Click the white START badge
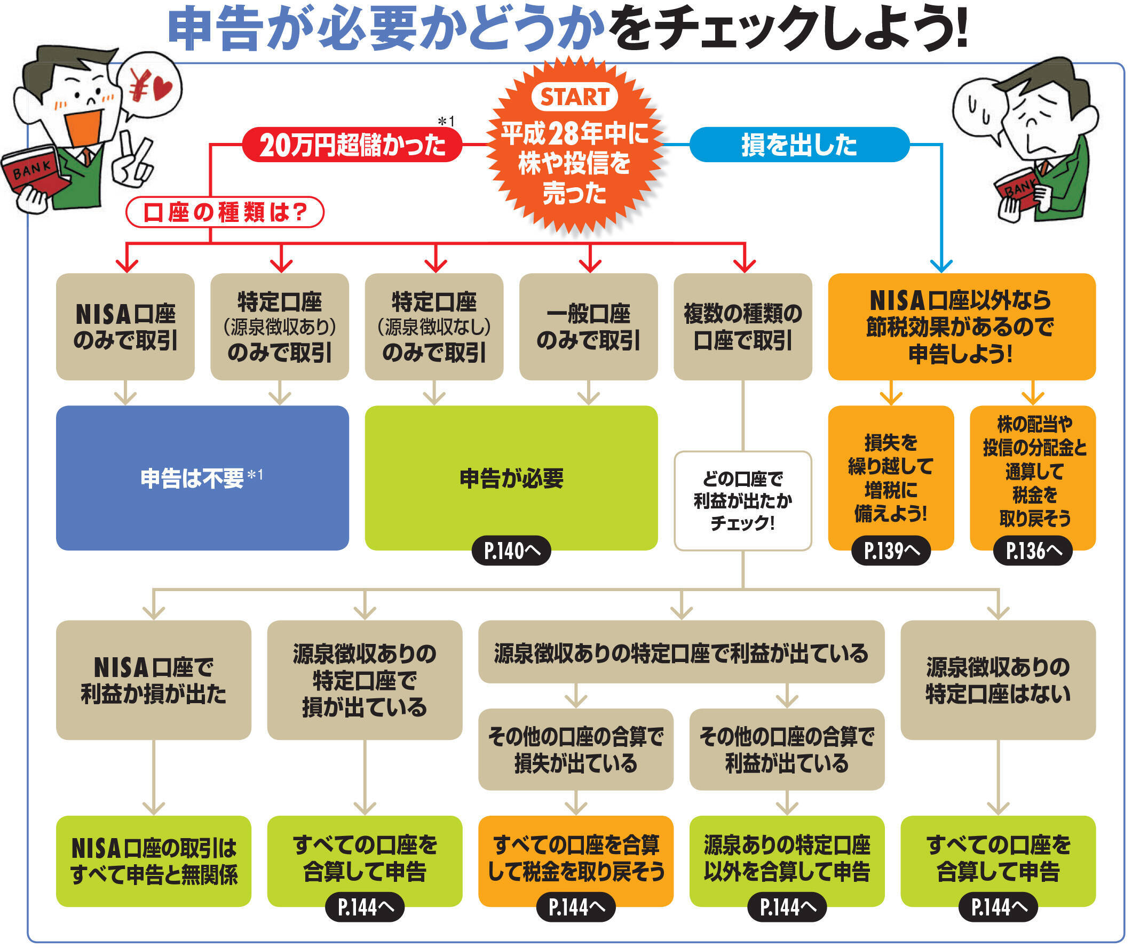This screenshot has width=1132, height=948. click(574, 97)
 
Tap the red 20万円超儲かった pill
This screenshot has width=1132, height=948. click(352, 145)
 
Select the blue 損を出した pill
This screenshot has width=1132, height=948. click(799, 145)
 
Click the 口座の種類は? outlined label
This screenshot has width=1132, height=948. click(225, 212)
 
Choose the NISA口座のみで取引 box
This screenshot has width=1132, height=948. click(125, 326)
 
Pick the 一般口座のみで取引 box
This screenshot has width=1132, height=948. click(588, 326)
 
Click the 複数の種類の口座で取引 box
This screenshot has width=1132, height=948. click(742, 326)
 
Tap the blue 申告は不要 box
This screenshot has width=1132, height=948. click(202, 477)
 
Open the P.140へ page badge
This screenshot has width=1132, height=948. click(511, 551)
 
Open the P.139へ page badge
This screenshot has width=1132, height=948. click(891, 551)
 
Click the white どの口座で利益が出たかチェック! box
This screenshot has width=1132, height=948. click(742, 501)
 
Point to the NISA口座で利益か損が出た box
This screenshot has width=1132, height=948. click(154, 680)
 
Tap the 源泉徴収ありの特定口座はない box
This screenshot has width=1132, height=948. click(998, 680)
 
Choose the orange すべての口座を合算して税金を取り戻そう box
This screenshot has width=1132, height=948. click(576, 858)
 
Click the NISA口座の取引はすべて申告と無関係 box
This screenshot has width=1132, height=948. click(154, 861)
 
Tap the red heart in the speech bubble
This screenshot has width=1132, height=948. click(162, 89)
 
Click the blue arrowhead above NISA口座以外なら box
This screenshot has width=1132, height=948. click(941, 266)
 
